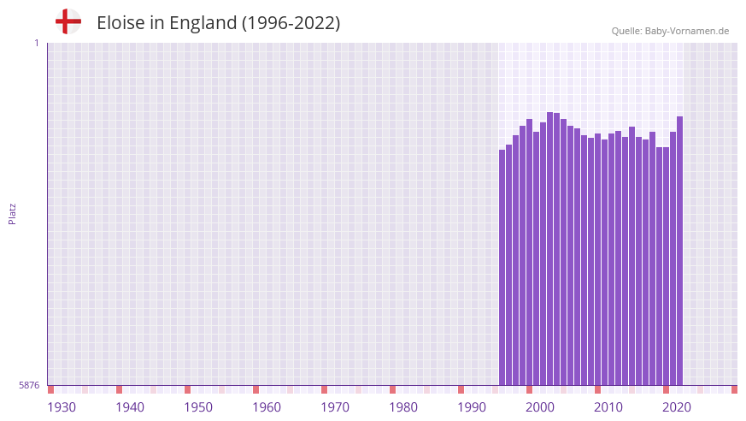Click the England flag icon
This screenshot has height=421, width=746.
pos(68,22)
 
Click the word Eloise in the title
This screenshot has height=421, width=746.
pos(120,23)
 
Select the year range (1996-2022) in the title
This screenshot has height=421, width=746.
pos(291,23)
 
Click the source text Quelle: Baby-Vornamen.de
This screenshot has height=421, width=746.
pos(670,31)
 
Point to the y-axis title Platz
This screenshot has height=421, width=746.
pos(12,214)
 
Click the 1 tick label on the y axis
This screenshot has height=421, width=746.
pos(36,43)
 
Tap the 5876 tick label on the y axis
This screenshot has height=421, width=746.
pos(29,386)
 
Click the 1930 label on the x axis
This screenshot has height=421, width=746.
pos(62,407)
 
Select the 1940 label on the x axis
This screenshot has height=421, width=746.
pos(130,407)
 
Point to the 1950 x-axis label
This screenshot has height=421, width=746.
pos(198,407)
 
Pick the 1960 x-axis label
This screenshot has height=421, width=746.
pos(267,407)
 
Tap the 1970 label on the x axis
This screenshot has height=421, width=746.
pos(335,407)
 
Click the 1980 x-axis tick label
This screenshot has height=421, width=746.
pos(403,407)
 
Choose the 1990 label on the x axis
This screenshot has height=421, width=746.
pos(472,407)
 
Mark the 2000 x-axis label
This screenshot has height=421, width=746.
pos(540,407)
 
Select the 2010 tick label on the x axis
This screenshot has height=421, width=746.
pos(608,407)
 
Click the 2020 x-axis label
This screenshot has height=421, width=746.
pos(677,407)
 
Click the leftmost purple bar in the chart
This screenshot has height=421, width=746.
pos(502,267)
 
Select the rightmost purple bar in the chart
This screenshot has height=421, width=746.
pos(679,251)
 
